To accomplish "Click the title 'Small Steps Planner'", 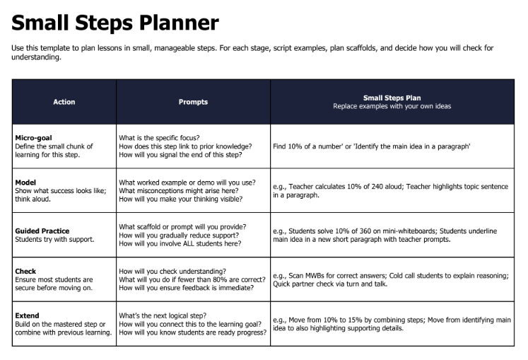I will pos(115,23).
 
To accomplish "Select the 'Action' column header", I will pos(64,102).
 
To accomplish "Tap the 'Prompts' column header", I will pos(193,102).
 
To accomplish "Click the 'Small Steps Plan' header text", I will pos(392,98).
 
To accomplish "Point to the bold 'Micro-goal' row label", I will pos(33,137).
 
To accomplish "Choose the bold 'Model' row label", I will pos(25,182).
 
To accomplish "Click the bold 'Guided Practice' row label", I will pos(42,231).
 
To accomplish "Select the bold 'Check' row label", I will pos(25,271).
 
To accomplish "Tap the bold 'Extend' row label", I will pos(27,315).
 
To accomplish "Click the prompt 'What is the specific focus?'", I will pos(159,137).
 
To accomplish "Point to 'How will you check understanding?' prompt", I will pos(172,271).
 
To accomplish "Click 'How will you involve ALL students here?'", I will pos(180,243).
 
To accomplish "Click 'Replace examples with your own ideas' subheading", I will pos(392,106).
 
